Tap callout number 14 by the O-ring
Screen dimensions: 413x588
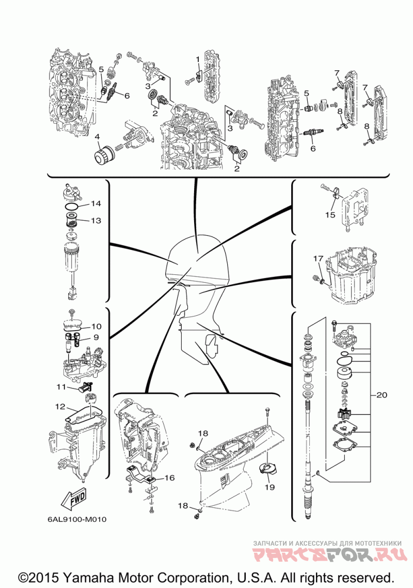pos(96,204)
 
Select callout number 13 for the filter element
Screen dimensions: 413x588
pos(96,220)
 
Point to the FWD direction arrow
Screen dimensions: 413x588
pos(73,499)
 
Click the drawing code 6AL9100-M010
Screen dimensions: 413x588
pos(77,519)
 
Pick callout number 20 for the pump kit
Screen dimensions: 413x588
pos(382,395)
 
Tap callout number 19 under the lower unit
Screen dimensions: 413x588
pos(269,487)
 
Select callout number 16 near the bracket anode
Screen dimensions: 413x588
pos(170,478)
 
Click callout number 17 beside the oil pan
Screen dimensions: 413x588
pos(318,258)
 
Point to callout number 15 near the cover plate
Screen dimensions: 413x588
pos(330,215)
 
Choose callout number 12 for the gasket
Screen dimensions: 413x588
pos(60,407)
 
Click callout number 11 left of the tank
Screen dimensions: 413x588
pos(61,386)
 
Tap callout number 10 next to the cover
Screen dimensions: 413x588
pos(97,327)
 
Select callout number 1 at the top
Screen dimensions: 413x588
pos(197,59)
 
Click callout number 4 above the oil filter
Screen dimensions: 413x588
pos(97,137)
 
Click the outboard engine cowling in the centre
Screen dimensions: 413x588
pos(198,259)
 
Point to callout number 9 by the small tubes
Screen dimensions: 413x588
pos(97,337)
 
